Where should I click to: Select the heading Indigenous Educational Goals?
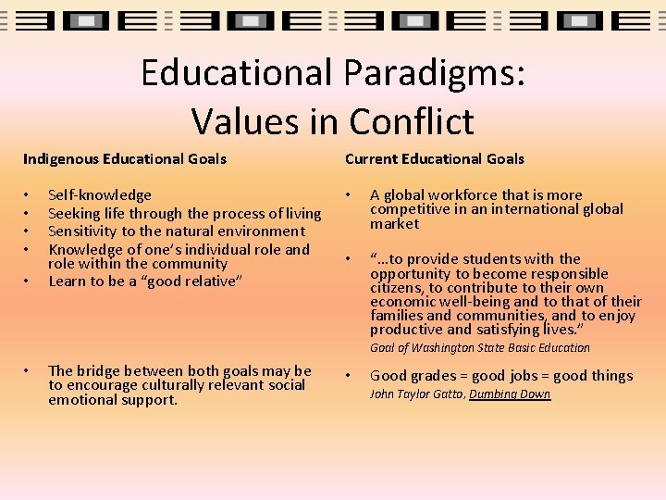[x=125, y=158]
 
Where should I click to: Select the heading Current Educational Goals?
[x=435, y=158]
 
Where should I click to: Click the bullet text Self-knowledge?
[x=100, y=194]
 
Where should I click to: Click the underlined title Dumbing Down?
[x=510, y=394]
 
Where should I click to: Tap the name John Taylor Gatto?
[x=416, y=394]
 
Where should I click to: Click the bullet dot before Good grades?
[x=349, y=376]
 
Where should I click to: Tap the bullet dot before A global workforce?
[x=349, y=195]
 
